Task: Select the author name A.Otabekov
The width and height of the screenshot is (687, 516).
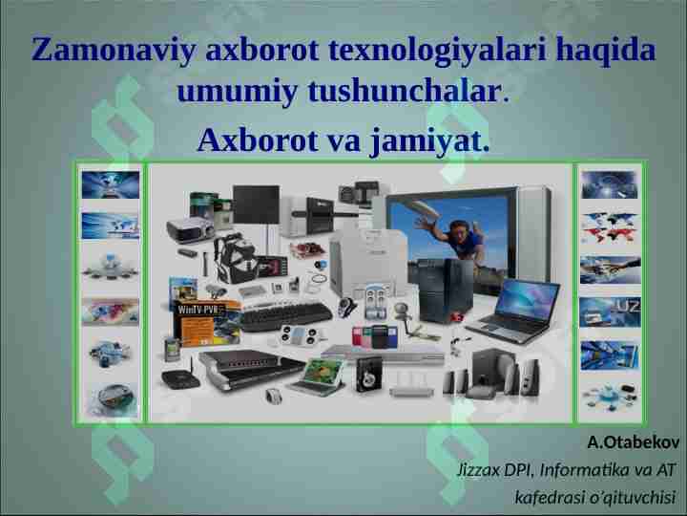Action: [634, 443]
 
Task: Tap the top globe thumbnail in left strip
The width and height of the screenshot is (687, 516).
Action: [110, 183]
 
